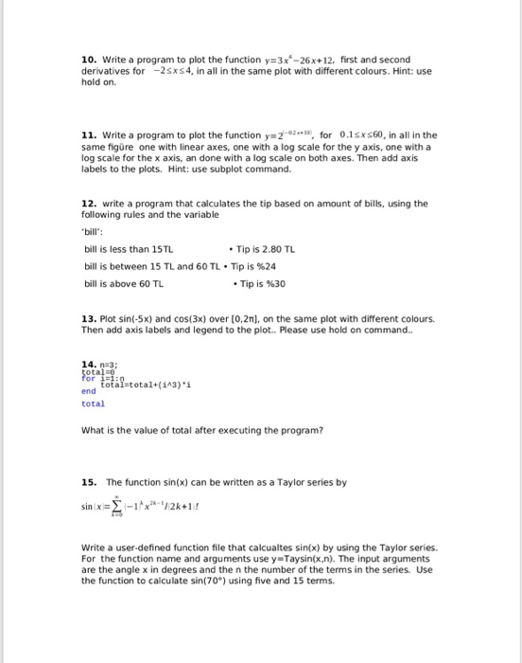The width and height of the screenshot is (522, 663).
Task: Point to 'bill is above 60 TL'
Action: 124,283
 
